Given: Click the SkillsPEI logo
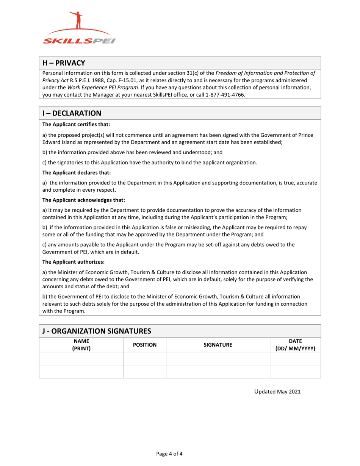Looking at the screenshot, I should click(x=79, y=28).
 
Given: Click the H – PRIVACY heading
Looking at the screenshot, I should click(x=64, y=63).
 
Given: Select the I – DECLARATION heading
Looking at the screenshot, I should click(x=72, y=113).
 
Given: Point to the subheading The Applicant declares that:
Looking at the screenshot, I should click(x=77, y=173).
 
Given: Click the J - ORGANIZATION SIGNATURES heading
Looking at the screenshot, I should click(x=97, y=331).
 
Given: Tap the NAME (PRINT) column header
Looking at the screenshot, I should click(x=81, y=344).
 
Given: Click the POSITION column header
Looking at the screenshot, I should click(x=145, y=345).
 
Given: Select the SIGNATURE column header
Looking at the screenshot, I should click(x=218, y=345).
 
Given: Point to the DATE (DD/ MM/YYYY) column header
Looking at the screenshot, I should click(x=295, y=344).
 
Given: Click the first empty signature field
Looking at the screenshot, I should click(x=218, y=358).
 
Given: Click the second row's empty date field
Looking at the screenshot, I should click(x=295, y=371).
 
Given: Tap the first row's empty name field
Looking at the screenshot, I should click(x=81, y=358).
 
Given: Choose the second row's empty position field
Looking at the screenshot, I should click(x=145, y=371).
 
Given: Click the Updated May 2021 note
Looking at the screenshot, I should click(x=277, y=392).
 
